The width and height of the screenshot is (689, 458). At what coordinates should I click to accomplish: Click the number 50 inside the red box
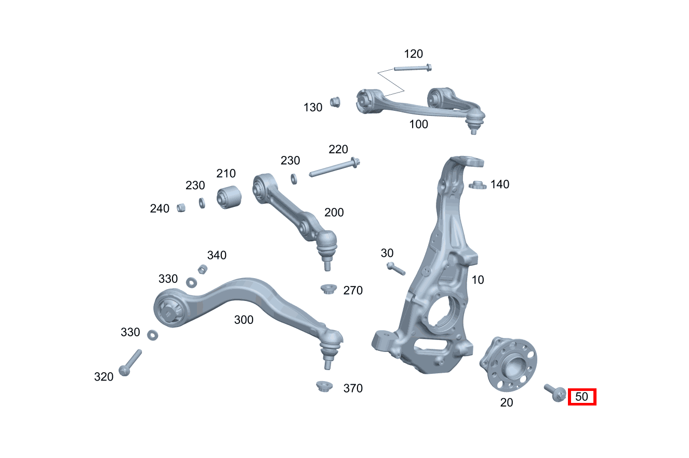click(x=582, y=397)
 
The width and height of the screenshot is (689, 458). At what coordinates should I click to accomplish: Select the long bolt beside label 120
click(x=413, y=68)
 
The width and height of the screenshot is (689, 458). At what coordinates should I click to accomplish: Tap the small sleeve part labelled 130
click(x=335, y=101)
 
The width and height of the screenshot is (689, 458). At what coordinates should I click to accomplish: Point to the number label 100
click(x=418, y=124)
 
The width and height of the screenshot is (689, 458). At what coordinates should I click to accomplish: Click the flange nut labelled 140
click(x=477, y=185)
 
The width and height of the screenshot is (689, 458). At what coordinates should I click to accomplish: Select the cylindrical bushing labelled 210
click(x=229, y=198)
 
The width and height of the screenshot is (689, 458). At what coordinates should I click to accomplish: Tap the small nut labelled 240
click(x=181, y=207)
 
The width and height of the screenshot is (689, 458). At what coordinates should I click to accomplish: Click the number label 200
click(x=334, y=212)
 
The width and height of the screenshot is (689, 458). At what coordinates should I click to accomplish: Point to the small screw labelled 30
click(x=395, y=269)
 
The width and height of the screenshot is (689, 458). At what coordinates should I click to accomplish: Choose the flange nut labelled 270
click(x=327, y=289)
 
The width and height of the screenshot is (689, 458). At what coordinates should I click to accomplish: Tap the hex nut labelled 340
click(x=203, y=269)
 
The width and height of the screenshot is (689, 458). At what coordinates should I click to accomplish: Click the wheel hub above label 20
click(x=507, y=363)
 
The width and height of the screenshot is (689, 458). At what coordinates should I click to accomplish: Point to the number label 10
click(x=478, y=280)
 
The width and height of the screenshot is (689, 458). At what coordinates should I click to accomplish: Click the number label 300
click(x=244, y=320)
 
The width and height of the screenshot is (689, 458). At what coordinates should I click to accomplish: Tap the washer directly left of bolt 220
click(x=294, y=178)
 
